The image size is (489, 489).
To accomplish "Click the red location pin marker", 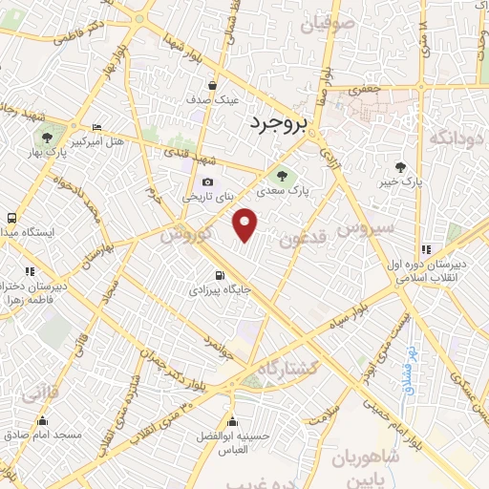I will [245, 224].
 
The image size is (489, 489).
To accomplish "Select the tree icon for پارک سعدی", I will [282, 174].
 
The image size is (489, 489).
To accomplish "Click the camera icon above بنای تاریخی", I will [207, 182].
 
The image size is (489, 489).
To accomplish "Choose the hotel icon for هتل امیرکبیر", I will [96, 128].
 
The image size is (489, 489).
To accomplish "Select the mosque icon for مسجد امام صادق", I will [42, 420].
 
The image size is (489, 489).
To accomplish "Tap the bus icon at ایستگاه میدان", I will [11, 218].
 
